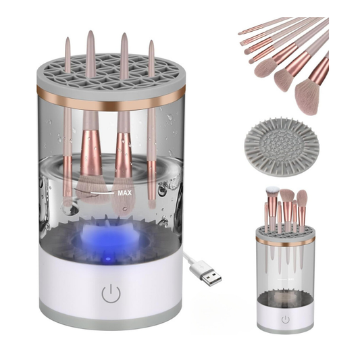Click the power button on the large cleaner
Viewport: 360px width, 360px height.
click(111, 293)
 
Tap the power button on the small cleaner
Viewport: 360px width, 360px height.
click(286, 319)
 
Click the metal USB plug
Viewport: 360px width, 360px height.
click(211, 276)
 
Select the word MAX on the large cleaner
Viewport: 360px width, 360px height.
click(125, 193)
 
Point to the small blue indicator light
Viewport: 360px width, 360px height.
click(108, 259)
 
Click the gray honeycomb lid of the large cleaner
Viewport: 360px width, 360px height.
click(111, 74)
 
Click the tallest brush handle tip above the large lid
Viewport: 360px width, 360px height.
click(91, 32)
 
